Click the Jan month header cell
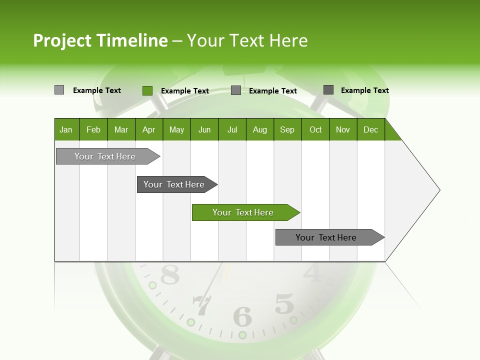(x=66, y=129)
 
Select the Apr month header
(x=149, y=129)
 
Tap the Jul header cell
(x=232, y=129)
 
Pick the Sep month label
(x=287, y=129)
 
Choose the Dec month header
(x=370, y=129)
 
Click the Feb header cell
(x=93, y=129)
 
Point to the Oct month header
(x=315, y=129)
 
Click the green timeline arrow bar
(x=245, y=212)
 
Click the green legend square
(x=147, y=90)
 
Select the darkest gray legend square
(x=328, y=90)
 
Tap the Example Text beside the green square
(x=184, y=91)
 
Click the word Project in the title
(x=62, y=40)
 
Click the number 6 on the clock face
(x=243, y=316)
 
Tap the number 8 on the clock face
(x=169, y=274)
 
